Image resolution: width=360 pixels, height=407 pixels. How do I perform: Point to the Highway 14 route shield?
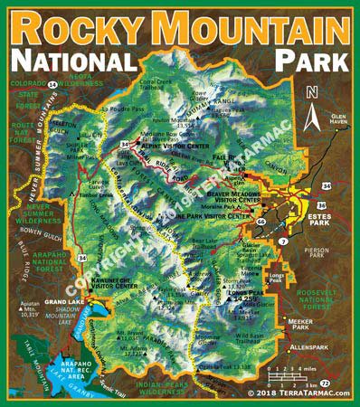point(53,83)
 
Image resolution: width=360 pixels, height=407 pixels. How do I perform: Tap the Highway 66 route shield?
point(261,221)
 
